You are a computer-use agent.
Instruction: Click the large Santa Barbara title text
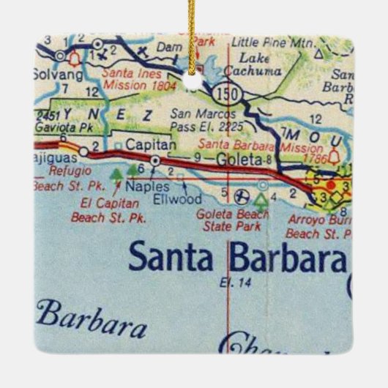[236, 258]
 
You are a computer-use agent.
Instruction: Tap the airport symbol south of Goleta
[242, 195]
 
